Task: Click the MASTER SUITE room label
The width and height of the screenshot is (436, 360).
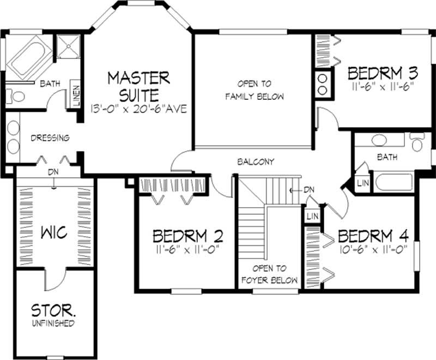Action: click(138, 86)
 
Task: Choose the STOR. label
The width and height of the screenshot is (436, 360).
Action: click(52, 311)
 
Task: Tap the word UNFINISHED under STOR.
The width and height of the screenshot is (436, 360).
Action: click(52, 323)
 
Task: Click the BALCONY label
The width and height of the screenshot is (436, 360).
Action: click(255, 161)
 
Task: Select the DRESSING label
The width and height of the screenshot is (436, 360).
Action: click(50, 138)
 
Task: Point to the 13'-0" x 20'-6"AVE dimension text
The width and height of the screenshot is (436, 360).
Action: click(138, 109)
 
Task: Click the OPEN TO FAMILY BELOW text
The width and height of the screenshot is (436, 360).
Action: click(254, 91)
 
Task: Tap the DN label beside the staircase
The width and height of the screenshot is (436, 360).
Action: click(309, 189)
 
